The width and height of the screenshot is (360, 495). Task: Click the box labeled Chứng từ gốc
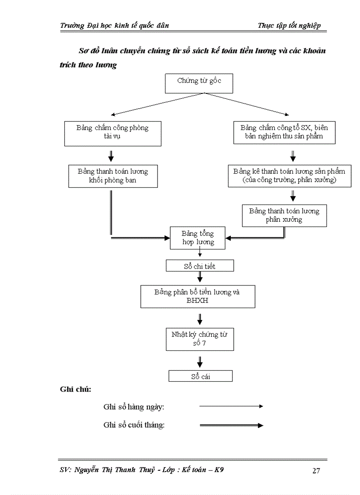click(x=199, y=84)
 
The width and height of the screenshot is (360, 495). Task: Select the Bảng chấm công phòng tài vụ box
click(x=112, y=132)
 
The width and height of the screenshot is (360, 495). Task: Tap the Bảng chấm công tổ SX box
click(x=284, y=132)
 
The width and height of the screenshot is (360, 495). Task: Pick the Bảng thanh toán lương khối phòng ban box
click(x=113, y=176)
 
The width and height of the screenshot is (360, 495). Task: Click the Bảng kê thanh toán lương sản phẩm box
click(x=289, y=176)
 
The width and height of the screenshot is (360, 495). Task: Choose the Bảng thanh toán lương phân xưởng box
click(x=284, y=215)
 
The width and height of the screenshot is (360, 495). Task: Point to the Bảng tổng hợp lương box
click(x=198, y=238)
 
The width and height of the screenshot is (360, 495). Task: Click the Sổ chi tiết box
click(x=199, y=266)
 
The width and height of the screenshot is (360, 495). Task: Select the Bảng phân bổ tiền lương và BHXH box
click(x=197, y=296)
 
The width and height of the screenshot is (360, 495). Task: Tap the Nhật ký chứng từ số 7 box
click(x=199, y=339)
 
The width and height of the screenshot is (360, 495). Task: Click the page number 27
click(x=316, y=471)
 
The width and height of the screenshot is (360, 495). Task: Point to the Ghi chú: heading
click(x=75, y=389)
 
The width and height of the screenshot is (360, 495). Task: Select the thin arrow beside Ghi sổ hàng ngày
click(x=231, y=406)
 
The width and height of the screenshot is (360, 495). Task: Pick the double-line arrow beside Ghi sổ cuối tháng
click(x=231, y=425)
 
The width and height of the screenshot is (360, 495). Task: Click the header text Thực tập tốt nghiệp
click(x=289, y=26)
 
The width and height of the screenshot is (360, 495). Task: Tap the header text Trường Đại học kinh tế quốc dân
click(x=114, y=26)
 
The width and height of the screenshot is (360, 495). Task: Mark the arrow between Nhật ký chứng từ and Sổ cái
click(x=200, y=361)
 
